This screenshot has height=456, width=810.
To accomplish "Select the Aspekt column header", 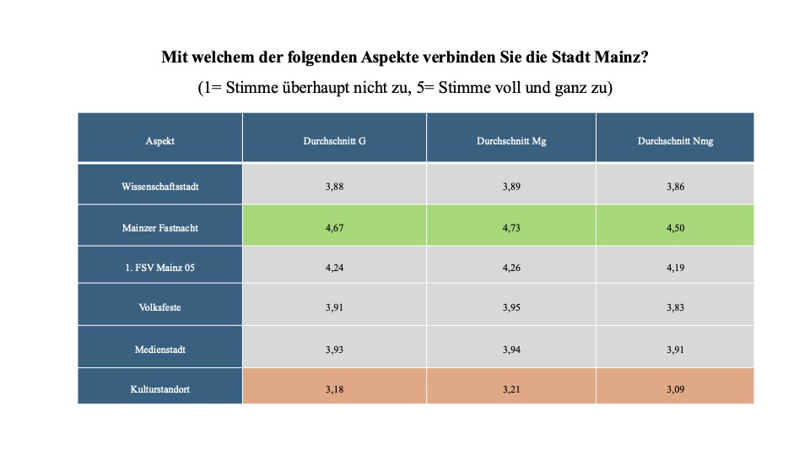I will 160,141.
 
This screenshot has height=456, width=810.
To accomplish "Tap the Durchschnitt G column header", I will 334,141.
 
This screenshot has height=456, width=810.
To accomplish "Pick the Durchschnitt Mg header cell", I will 511,141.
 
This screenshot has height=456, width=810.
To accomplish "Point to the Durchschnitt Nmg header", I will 675,141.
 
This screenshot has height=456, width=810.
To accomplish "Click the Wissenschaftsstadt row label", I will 160,186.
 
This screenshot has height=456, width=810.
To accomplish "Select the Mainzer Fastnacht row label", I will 160,227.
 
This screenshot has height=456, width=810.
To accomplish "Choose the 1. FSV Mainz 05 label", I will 160,268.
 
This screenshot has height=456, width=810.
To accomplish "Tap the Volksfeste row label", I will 160,307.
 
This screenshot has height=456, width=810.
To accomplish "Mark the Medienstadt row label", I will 160,349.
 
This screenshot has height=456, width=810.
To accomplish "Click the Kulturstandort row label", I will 160,388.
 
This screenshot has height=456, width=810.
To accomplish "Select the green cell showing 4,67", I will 334,227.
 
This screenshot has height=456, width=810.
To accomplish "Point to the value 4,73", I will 511,227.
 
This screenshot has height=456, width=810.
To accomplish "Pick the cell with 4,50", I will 675,227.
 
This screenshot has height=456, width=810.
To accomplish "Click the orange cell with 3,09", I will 675,388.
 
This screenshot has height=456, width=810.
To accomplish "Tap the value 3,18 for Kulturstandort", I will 334,388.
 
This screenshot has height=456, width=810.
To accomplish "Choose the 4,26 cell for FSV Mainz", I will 511,268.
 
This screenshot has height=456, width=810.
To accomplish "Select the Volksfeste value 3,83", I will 675,307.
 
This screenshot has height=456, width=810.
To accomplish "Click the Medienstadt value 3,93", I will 334,349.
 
